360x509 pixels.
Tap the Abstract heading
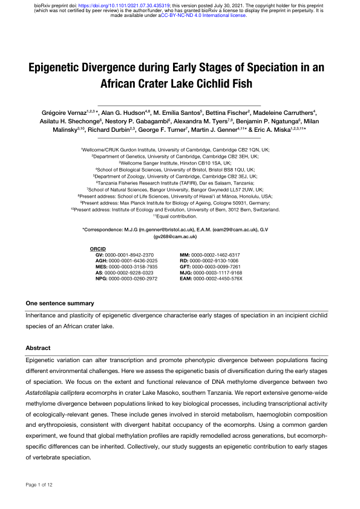pos(38,348)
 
